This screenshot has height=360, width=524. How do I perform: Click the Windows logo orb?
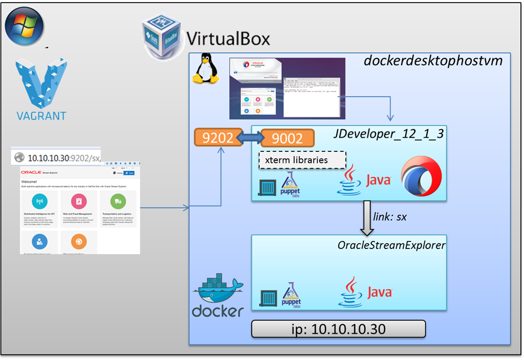[24, 26]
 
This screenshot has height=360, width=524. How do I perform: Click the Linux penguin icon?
[204, 70]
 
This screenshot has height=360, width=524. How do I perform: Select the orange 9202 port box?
[217, 138]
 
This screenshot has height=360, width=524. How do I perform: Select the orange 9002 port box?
[287, 138]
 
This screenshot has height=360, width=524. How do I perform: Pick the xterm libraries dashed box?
[302, 160]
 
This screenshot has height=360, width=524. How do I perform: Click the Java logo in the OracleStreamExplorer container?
[364, 291]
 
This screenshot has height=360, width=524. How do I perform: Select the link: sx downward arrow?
[367, 216]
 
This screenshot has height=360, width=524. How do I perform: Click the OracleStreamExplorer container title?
[391, 245]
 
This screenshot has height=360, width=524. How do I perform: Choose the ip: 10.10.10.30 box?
[338, 328]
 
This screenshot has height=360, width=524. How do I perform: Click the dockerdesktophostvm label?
[433, 61]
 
